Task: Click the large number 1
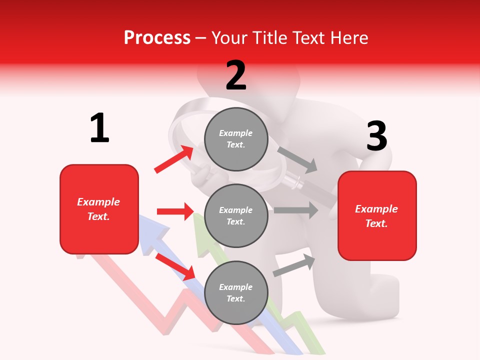(x=99, y=128)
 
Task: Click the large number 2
(x=236, y=75)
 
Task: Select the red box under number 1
(x=99, y=209)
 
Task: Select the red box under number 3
(x=377, y=215)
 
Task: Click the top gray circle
(x=236, y=138)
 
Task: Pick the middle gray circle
(x=236, y=215)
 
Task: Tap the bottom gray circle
(x=236, y=292)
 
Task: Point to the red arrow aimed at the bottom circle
(x=175, y=266)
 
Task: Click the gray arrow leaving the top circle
(x=297, y=159)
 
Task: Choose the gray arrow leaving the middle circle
(x=295, y=210)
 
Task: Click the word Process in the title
(x=157, y=37)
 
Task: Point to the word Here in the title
(x=348, y=37)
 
